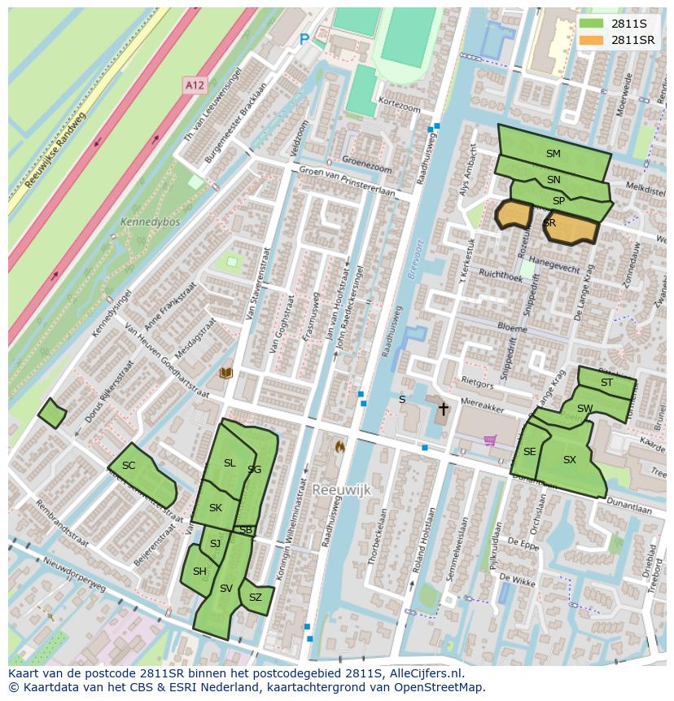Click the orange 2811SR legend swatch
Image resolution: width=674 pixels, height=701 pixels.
[592, 40]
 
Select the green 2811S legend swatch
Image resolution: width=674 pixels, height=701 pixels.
[592, 24]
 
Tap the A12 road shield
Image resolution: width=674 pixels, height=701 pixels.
[194, 85]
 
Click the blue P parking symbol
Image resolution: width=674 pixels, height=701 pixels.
[304, 39]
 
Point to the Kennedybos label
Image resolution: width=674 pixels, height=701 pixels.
[150, 221]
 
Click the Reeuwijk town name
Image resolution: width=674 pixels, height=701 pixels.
[341, 489]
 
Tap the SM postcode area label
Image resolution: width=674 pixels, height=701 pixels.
[554, 153]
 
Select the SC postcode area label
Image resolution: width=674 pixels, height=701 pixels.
[129, 466]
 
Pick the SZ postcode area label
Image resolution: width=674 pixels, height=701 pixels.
[256, 597]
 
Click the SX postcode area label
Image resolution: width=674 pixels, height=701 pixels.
[570, 460]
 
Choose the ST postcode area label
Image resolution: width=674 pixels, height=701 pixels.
[606, 383]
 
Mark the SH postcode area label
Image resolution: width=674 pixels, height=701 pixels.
[199, 572]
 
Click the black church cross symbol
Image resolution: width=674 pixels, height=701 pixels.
[443, 408]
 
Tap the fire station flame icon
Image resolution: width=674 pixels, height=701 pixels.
[339, 446]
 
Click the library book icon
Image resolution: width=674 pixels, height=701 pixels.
[225, 373]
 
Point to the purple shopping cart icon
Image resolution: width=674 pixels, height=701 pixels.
[490, 440]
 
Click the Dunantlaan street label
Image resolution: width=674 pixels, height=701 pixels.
[629, 509]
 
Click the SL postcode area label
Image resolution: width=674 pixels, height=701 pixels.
[230, 463]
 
